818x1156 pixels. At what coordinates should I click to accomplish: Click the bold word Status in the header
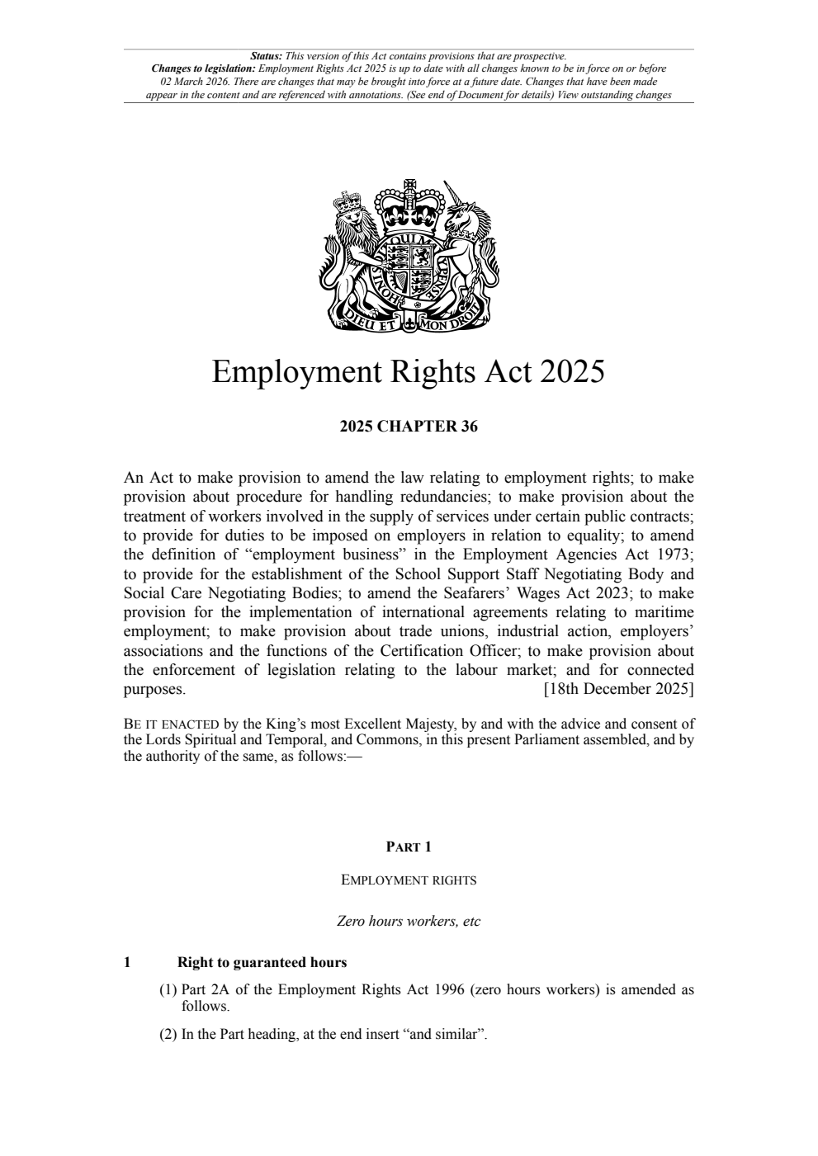click(266, 56)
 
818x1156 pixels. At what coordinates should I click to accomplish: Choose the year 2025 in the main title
click(572, 372)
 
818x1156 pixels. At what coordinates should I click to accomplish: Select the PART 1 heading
click(409, 847)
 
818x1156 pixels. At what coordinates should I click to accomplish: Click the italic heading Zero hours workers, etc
click(409, 921)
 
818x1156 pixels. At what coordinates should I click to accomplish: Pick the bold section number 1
click(127, 962)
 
